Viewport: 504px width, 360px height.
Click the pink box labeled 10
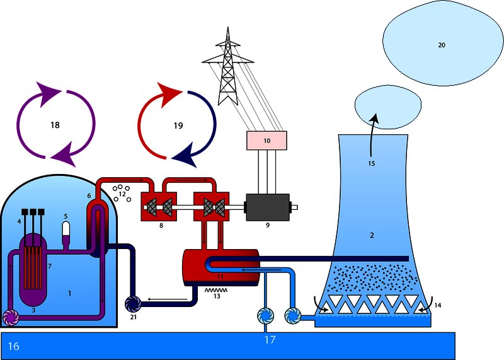pos(266,141)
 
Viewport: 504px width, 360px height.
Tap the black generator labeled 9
pos(267,206)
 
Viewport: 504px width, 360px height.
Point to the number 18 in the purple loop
pos(55,125)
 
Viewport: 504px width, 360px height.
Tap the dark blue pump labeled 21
pos(134,303)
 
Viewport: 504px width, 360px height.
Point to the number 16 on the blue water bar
pos(14,346)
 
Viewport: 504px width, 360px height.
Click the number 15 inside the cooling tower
pos(371,163)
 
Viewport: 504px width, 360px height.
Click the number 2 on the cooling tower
pos(372,235)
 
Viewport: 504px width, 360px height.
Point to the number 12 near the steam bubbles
pos(122,194)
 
